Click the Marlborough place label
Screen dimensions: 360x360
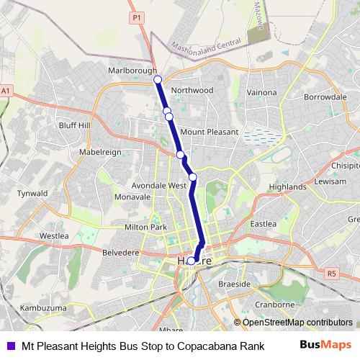coord(132,71)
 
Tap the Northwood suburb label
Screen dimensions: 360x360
coord(192,90)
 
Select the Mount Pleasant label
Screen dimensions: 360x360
coord(209,132)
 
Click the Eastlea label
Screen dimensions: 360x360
coord(263,225)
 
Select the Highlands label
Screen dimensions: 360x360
coord(287,186)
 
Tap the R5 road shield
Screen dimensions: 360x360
coord(331,274)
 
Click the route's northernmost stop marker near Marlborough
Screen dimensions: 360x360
coord(158,80)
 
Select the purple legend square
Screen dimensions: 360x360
coord(9,345)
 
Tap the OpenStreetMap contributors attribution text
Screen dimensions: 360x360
coord(297,323)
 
